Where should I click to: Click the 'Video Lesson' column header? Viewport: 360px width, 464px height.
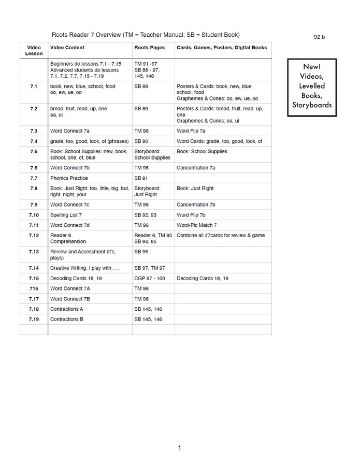pyautogui.click(x=34, y=50)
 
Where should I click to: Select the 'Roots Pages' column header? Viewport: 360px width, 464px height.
pyautogui.click(x=149, y=48)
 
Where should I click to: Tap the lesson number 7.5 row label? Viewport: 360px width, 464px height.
pyautogui.click(x=34, y=152)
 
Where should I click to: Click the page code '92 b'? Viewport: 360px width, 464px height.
pyautogui.click(x=319, y=37)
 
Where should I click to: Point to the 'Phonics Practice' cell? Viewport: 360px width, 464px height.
pyautogui.click(x=69, y=178)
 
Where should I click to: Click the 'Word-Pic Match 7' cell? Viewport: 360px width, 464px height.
pyautogui.click(x=196, y=225)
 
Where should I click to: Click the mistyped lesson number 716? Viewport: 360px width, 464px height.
pyautogui.click(x=34, y=288)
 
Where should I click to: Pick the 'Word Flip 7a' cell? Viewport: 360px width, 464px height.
pyautogui.click(x=191, y=131)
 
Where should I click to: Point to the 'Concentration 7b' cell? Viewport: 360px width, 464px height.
pyautogui.click(x=196, y=205)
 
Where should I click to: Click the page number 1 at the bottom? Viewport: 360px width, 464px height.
pyautogui.click(x=179, y=448)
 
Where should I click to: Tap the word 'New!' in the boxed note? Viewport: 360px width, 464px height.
pyautogui.click(x=312, y=67)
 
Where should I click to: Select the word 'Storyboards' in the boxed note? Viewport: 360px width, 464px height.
pyautogui.click(x=312, y=105)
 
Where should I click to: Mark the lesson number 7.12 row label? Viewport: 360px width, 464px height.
pyautogui.click(x=34, y=235)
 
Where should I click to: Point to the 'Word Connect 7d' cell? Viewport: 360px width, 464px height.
pyautogui.click(x=70, y=225)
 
